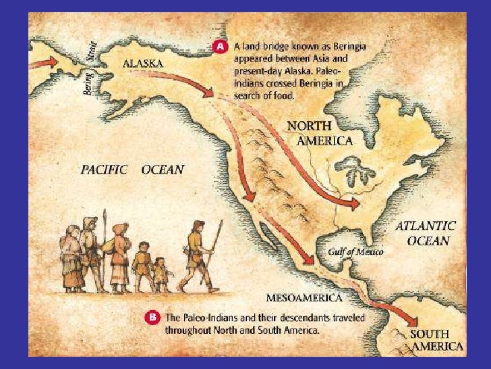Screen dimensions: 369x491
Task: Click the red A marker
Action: pos(220,47)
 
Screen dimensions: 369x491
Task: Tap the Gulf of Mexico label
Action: pos(355,251)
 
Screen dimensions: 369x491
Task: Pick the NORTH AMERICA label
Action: pos(320,133)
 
